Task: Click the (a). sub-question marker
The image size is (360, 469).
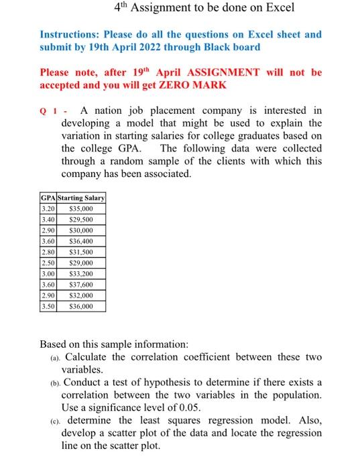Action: [x=56, y=357]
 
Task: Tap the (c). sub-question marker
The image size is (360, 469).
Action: [x=56, y=421]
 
